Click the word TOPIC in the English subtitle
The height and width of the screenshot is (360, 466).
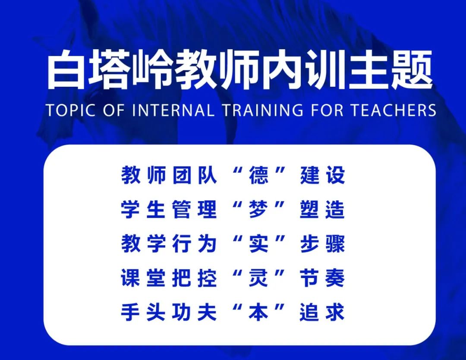[71, 110]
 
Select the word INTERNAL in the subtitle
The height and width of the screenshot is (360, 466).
[173, 110]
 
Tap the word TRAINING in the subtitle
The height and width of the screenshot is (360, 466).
[263, 110]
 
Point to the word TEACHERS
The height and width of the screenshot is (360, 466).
[393, 110]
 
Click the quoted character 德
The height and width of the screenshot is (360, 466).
[258, 175]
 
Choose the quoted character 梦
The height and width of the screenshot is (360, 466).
[258, 210]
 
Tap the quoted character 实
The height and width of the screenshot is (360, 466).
[258, 244]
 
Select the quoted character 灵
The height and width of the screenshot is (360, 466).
[258, 278]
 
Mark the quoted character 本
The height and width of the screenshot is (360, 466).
[258, 312]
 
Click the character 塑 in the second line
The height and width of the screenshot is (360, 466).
[309, 210]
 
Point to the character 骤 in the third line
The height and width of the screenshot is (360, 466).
[335, 244]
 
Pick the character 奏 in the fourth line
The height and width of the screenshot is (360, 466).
[335, 278]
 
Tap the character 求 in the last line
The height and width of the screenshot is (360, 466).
[335, 312]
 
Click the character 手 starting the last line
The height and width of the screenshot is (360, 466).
[130, 312]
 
